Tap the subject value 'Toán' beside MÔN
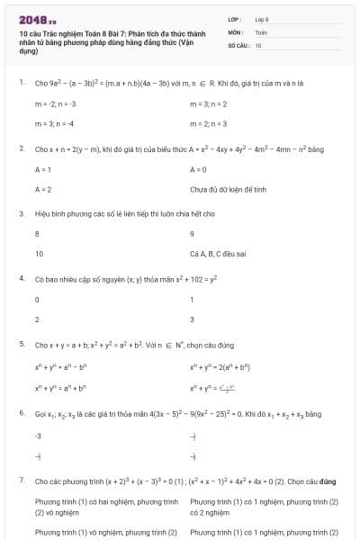[261, 31]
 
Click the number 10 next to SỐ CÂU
[258, 44]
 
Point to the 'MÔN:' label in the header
[236, 31]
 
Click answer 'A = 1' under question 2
[42, 169]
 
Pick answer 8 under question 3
[37, 235]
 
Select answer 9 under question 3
[193, 235]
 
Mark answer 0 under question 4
[37, 300]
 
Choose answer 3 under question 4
[193, 319]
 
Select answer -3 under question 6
[39, 436]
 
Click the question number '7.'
[21, 481]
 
